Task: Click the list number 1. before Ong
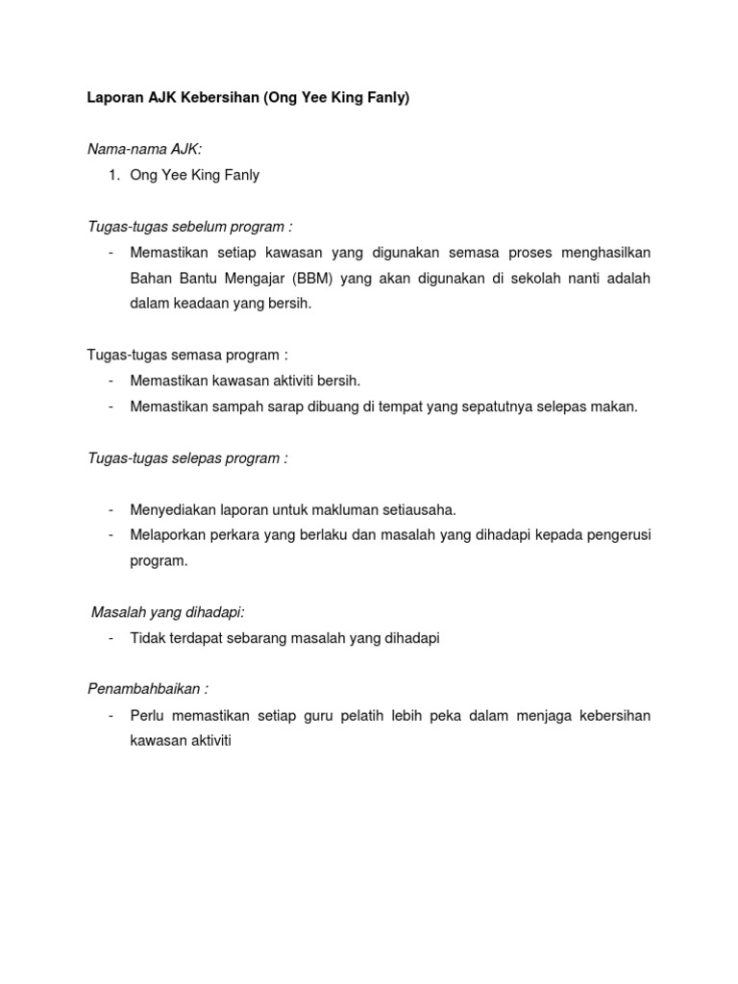click(114, 175)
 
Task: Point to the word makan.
click(615, 406)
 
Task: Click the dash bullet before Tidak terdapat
click(112, 638)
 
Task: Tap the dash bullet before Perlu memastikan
click(112, 716)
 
